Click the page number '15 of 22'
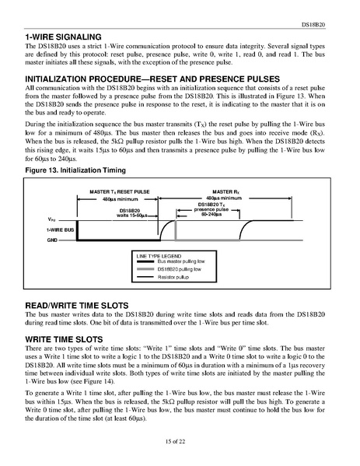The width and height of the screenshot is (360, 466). click(x=180, y=442)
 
